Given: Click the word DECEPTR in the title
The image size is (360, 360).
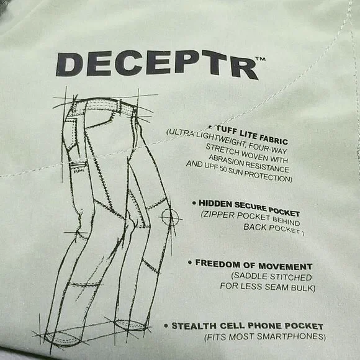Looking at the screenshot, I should [156, 64].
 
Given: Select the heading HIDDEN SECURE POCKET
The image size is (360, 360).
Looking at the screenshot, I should [253, 203].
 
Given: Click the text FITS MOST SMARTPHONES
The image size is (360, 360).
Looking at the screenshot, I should [265, 337].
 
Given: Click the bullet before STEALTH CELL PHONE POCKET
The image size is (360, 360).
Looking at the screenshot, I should [166, 325].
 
